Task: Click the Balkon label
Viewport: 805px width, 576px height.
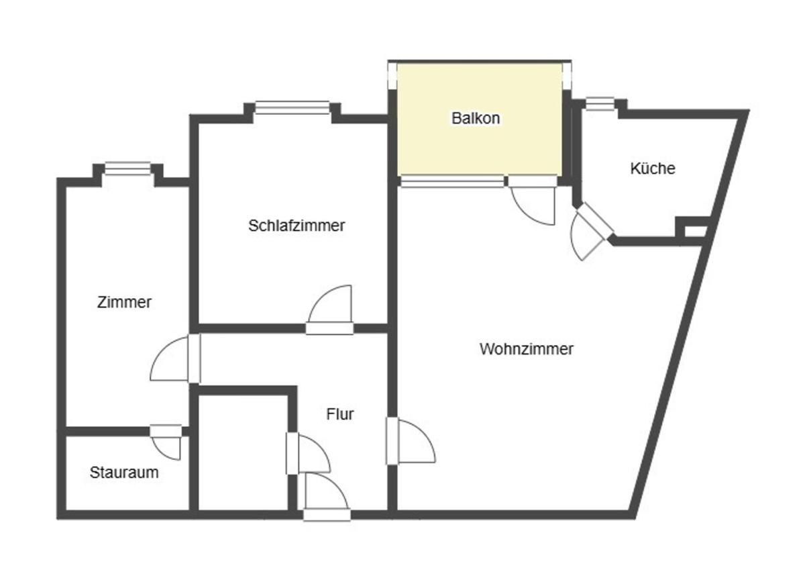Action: point(476,118)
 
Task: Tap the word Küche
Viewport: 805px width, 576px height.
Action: point(653,169)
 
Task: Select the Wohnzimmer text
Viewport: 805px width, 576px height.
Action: point(527,349)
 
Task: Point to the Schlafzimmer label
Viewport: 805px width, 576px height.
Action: point(297,226)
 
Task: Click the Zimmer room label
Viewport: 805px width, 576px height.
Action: point(124,302)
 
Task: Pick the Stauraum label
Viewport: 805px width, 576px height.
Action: point(124,472)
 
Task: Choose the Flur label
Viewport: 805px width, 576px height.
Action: point(339,414)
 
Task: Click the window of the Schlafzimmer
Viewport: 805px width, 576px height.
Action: point(292,108)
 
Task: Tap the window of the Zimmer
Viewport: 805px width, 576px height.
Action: point(127,169)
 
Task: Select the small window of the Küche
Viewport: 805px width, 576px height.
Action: point(600,103)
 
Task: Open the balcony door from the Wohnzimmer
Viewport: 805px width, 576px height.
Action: point(533,201)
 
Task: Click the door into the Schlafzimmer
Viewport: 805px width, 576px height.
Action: point(330,310)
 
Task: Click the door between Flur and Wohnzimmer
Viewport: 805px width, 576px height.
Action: point(411,441)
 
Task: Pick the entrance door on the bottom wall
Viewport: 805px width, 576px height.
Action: point(327,497)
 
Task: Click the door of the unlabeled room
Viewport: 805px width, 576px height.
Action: point(308,453)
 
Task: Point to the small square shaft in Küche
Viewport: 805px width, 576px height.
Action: point(696,231)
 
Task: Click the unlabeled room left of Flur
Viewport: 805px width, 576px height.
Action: point(244,453)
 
